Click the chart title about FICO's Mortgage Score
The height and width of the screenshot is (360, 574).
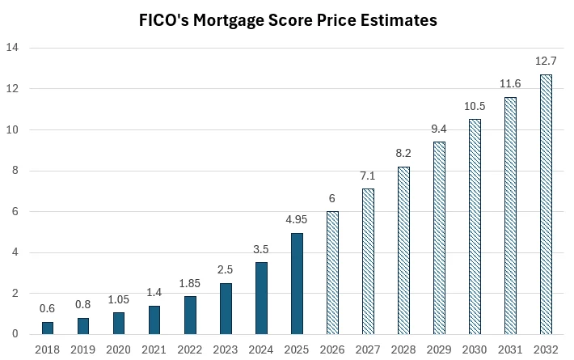point(287,21)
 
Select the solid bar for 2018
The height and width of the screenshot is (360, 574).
point(48,328)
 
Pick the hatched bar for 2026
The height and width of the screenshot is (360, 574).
point(332,273)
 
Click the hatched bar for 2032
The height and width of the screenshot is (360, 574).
point(546,204)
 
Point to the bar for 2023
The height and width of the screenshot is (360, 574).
point(226,308)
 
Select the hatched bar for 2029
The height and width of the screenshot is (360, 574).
point(439,238)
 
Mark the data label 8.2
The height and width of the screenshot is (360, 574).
point(403,152)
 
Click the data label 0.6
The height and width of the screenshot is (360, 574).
point(48,307)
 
